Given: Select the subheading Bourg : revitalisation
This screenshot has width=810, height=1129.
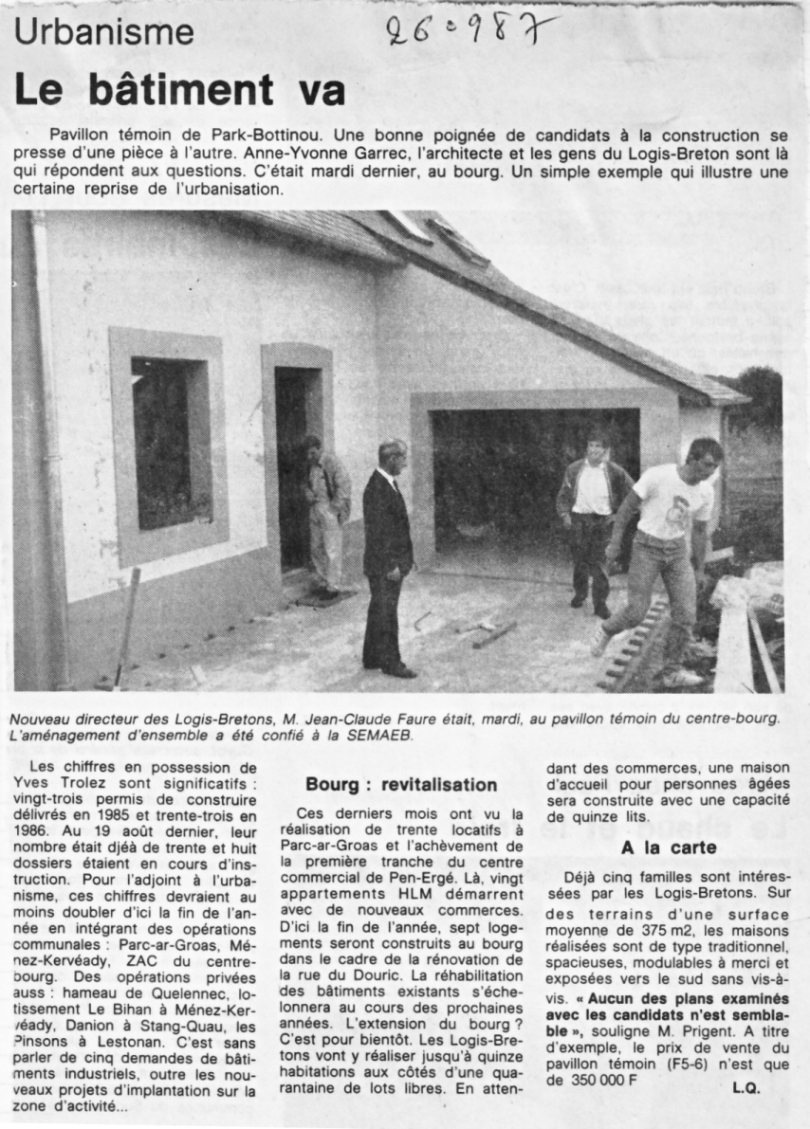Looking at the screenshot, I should pyautogui.click(x=401, y=785).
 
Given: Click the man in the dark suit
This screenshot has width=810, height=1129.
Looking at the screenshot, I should pyautogui.click(x=388, y=555).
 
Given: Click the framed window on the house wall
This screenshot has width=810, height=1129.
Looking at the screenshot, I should pyautogui.click(x=168, y=441).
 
